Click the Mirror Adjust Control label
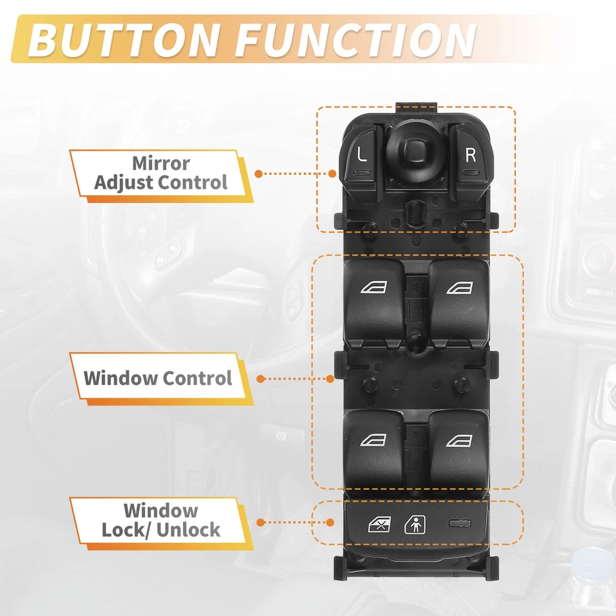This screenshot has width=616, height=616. click(x=160, y=173)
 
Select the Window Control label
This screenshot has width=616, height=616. click(x=158, y=377)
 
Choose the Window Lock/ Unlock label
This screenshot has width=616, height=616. click(x=160, y=520)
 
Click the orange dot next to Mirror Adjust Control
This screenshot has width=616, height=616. click(x=259, y=173)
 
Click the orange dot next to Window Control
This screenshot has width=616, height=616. click(x=260, y=379)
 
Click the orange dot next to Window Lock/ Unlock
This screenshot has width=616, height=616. click(x=259, y=523)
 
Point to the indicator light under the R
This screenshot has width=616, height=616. click(x=472, y=173)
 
